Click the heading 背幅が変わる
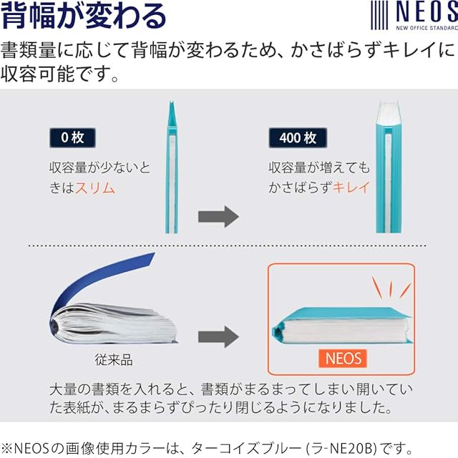84,16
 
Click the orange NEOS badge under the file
342,358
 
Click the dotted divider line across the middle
229,247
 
